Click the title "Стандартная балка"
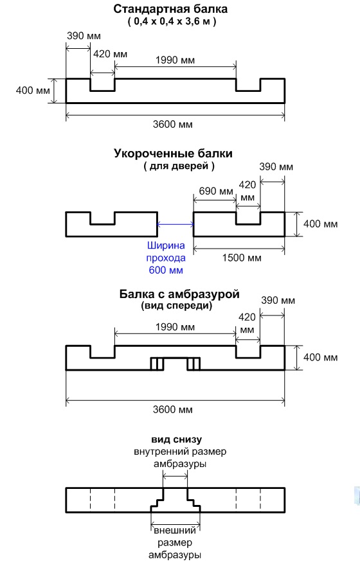170,9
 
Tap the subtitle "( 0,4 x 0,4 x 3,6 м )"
172,21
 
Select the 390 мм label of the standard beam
84,36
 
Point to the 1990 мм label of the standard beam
175,60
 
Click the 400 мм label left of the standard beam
33,90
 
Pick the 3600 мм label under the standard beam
172,125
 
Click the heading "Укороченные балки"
174,154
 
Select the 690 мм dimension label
216,191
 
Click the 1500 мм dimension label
242,258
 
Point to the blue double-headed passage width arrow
175,224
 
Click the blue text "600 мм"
166,270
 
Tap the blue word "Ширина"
166,245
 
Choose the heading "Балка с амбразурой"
179,294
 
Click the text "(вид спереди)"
177,306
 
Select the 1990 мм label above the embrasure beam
175,327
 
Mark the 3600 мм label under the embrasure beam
172,410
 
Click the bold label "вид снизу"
177,439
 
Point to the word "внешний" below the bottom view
175,531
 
